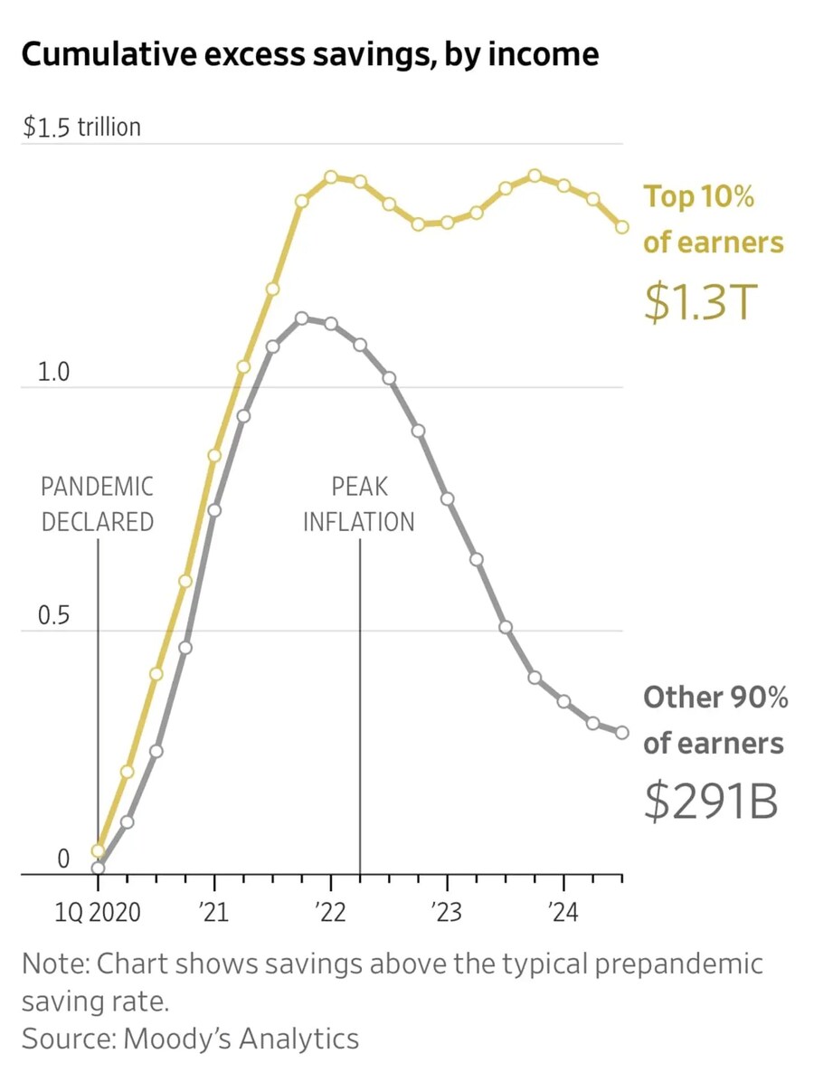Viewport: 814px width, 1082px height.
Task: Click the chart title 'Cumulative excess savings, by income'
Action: [x=308, y=55]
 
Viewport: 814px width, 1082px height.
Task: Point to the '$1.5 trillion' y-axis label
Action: [x=81, y=128]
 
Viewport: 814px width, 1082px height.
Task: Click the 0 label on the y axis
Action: [x=63, y=859]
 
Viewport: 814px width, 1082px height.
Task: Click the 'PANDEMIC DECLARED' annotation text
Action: [x=98, y=504]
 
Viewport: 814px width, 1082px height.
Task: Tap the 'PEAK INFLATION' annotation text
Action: [x=359, y=504]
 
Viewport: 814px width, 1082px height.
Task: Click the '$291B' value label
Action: [x=711, y=801]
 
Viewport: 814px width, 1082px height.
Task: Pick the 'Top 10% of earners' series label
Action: [x=713, y=220]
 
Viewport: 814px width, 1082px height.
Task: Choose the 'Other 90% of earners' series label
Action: [x=715, y=720]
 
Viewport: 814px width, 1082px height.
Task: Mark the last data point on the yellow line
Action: [x=622, y=227]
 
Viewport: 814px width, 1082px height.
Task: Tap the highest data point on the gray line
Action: [x=302, y=318]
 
